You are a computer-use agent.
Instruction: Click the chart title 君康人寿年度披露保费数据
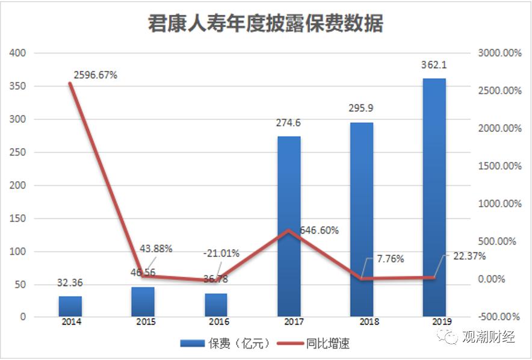click(x=265, y=23)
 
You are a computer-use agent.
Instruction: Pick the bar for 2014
click(x=70, y=306)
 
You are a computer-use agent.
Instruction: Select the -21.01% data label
click(x=221, y=253)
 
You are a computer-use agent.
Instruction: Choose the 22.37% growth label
click(x=469, y=256)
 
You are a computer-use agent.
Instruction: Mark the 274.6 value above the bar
click(x=288, y=123)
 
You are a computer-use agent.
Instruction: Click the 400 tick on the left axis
click(x=19, y=53)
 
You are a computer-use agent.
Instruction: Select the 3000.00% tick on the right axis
click(x=499, y=53)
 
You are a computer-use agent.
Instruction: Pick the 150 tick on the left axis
click(x=19, y=218)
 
